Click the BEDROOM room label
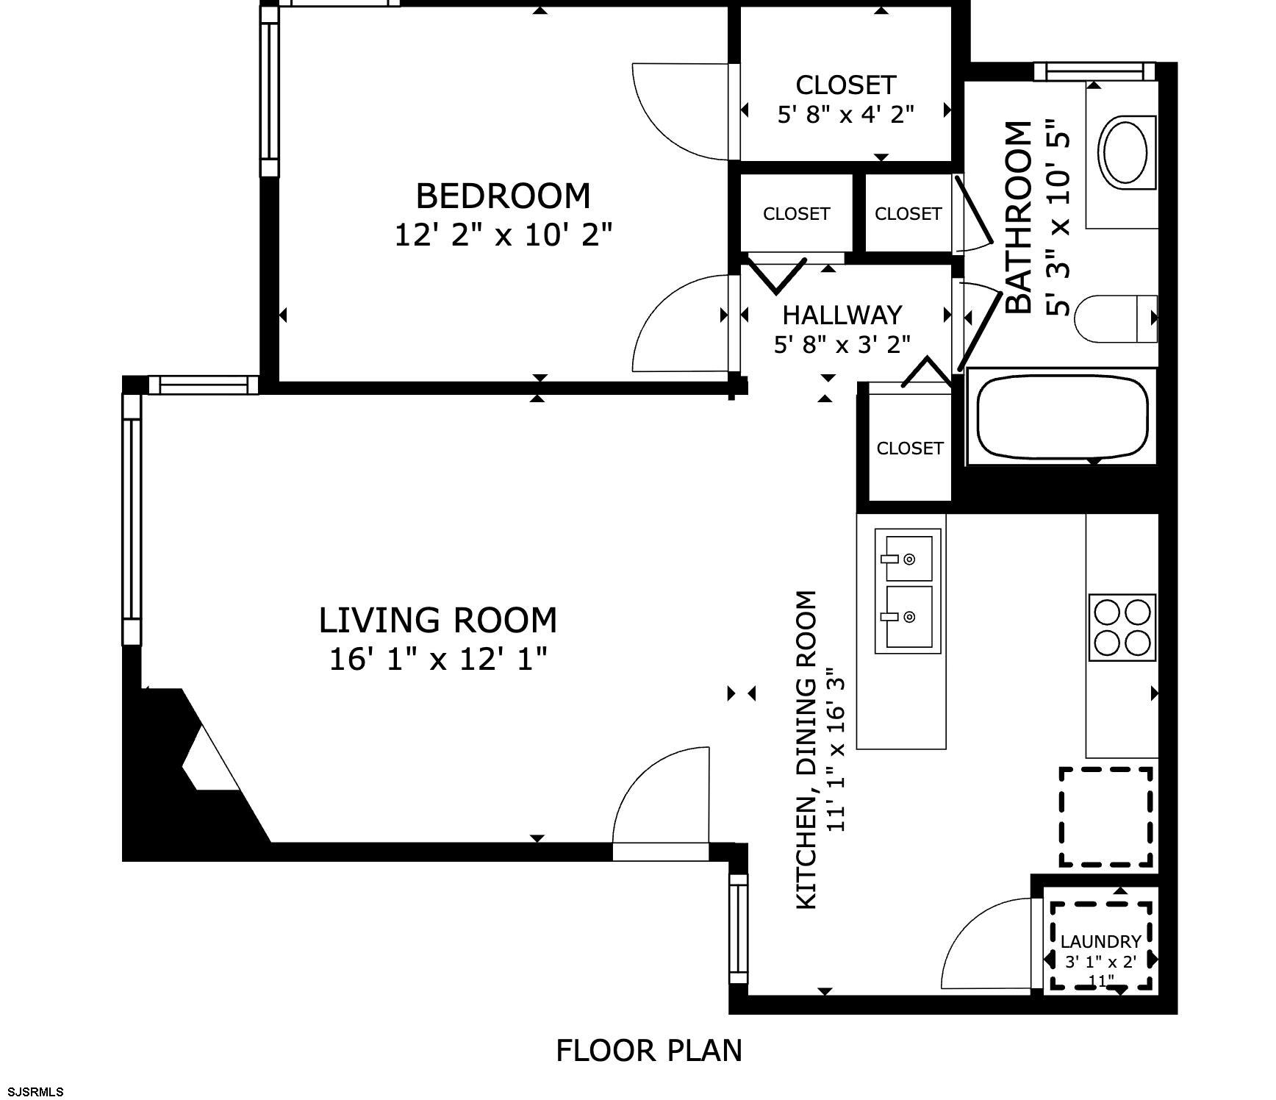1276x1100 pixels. [x=503, y=196]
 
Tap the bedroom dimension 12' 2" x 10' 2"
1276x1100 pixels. [x=503, y=235]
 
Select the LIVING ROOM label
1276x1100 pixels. [x=438, y=620]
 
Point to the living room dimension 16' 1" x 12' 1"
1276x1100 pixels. [x=438, y=659]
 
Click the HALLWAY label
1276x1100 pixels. [x=842, y=315]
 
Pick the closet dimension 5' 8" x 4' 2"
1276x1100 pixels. [x=846, y=114]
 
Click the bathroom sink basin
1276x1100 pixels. [x=1126, y=152]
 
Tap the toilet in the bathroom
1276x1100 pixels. [x=1116, y=318]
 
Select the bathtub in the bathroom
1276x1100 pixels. [x=1063, y=417]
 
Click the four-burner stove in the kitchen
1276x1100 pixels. [x=1122, y=627]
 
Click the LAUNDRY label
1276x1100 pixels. [x=1100, y=941]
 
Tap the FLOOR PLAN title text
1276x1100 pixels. [x=649, y=1051]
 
